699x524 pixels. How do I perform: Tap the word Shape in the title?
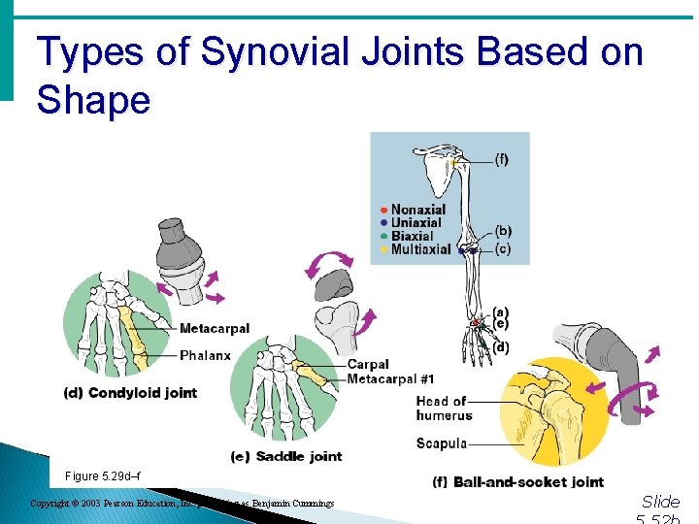93,100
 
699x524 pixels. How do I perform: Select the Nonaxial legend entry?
417,210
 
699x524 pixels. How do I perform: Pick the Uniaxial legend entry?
416,223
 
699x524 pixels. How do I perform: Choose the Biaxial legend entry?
412,236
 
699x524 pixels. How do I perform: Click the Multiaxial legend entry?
420,249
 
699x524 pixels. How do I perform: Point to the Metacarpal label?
214,329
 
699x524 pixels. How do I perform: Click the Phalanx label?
205,355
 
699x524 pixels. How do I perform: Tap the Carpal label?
368,365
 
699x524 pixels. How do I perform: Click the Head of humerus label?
444,408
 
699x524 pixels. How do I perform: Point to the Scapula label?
442,443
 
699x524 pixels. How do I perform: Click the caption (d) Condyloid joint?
130,393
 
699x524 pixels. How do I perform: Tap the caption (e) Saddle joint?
286,456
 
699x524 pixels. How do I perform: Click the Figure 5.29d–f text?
102,475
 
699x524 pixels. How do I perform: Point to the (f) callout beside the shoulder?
501,159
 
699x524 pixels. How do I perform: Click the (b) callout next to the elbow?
503,231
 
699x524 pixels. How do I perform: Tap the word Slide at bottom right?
661,502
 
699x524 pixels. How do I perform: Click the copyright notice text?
182,504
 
